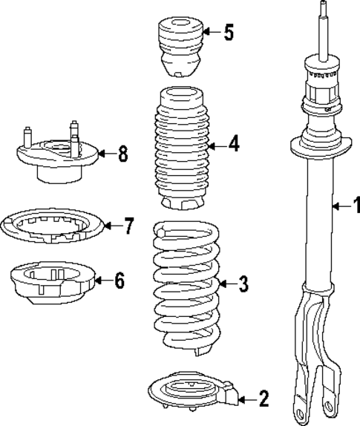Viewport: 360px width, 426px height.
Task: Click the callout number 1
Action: [x=356, y=205]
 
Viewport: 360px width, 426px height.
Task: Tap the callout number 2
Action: [x=264, y=399]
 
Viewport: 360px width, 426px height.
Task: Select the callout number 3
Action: [x=243, y=284]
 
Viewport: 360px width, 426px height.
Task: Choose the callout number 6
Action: [x=120, y=281]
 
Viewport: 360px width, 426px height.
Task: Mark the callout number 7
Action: [x=129, y=225]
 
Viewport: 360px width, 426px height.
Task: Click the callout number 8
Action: [x=122, y=154]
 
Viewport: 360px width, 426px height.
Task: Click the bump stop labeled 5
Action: [x=178, y=47]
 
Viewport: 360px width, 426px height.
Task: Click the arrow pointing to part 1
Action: [x=340, y=206]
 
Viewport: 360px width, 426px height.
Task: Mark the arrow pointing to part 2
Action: [x=247, y=399]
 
